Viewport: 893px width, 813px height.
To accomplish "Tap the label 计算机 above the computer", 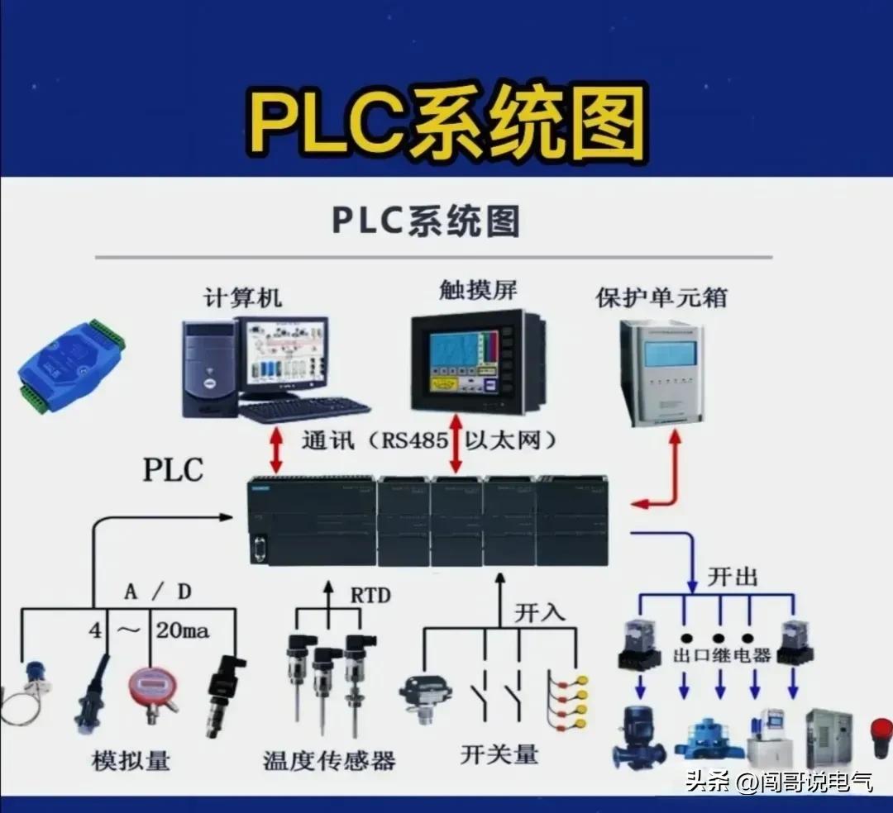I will (242, 297).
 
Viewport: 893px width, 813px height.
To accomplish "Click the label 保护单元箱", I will (661, 297).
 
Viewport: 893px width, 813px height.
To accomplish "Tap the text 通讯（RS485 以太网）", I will (428, 440).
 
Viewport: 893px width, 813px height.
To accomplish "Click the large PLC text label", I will (173, 469).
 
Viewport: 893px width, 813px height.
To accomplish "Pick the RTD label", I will (370, 595).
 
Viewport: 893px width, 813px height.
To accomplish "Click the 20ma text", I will (183, 631).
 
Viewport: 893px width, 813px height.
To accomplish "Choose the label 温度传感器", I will (329, 759).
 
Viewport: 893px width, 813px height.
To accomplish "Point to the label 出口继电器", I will (722, 655).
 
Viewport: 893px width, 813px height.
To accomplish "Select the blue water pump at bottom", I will (638, 735).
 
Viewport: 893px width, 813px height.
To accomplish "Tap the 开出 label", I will (732, 577).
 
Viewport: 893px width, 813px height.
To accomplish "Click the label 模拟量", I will (131, 759).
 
